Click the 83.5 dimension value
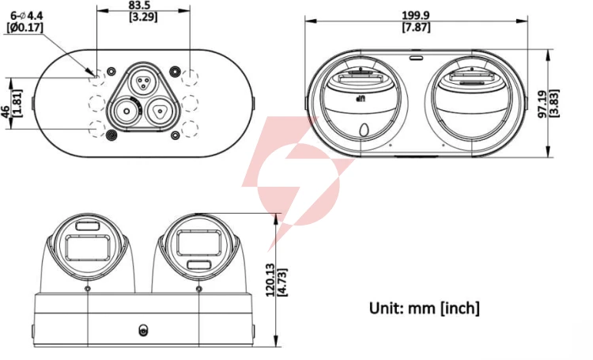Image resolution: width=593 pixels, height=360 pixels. pos(139,6)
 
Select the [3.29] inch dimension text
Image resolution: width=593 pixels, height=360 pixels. pos(143,17)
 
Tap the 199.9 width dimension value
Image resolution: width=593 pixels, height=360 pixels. pos(416,16)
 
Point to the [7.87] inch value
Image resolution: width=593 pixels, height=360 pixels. pos(416,27)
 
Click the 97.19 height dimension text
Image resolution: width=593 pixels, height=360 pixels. pos(542,104)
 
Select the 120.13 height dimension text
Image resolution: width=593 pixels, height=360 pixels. pos(270,280)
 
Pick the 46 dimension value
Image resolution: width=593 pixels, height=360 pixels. pos(6,112)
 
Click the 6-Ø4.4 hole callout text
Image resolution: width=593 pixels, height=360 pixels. pos(26,16)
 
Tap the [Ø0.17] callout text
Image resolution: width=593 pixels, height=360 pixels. pos(25,28)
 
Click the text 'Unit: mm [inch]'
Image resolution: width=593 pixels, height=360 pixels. pos(425,308)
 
